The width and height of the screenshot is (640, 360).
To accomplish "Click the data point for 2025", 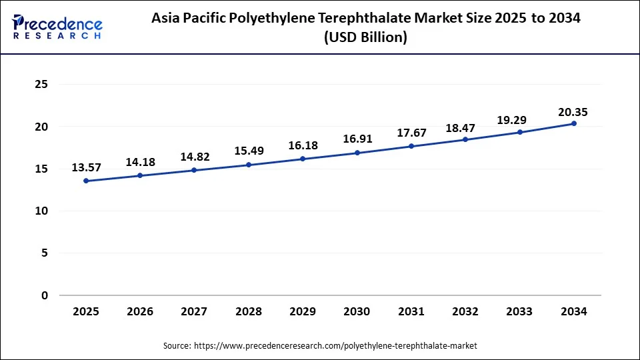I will click(x=86, y=181).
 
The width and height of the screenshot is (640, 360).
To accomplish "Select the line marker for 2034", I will click(x=574, y=123).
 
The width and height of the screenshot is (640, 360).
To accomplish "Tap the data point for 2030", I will click(x=357, y=153).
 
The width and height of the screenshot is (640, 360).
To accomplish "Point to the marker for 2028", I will click(x=249, y=165).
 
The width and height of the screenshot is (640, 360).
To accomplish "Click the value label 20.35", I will click(x=574, y=112).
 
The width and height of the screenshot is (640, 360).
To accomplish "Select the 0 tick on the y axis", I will click(x=45, y=295).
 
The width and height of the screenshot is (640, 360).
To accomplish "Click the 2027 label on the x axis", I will click(x=194, y=311).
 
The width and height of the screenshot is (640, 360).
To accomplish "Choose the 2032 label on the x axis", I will click(x=465, y=311).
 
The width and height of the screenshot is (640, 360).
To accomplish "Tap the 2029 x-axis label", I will click(x=303, y=311).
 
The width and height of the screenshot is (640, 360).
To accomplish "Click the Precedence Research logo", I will click(x=57, y=27).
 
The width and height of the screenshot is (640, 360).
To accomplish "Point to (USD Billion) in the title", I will click(x=365, y=38).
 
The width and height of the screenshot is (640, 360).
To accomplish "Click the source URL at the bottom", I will click(x=335, y=345).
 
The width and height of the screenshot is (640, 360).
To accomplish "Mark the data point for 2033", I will click(x=520, y=132).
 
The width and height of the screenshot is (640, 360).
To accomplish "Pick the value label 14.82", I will click(x=194, y=157).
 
